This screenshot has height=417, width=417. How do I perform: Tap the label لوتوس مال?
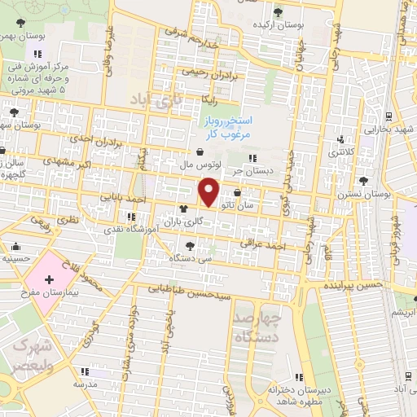tap(200, 165)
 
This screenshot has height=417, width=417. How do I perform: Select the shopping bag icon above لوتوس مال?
tap(200, 151)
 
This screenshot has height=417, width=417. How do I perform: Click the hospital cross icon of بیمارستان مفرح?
tap(50, 279)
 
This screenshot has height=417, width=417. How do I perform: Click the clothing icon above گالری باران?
tap(170, 208)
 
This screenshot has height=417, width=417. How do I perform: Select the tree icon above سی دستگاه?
tap(190, 244)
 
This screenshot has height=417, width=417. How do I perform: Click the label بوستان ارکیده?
tap(279, 25)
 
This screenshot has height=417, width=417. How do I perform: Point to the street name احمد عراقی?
tap(264, 243)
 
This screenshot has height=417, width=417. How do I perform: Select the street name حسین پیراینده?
tap(353, 287)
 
